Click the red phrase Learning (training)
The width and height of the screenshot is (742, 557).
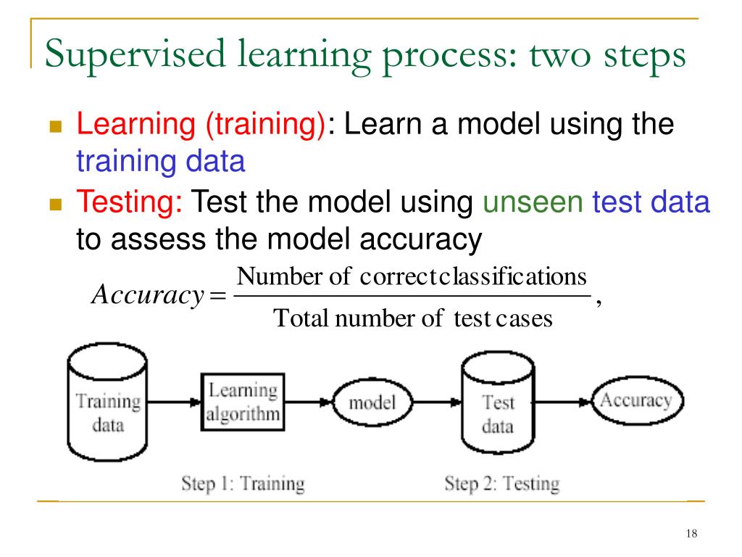pyautogui.click(x=201, y=124)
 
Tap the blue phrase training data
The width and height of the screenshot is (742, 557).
pyautogui.click(x=161, y=161)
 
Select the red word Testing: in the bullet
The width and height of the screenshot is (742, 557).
pyautogui.click(x=130, y=202)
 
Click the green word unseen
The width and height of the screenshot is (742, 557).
pyautogui.click(x=533, y=202)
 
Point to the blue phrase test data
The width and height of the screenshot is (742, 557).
pyautogui.click(x=651, y=202)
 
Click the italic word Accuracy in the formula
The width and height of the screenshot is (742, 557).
pyautogui.click(x=146, y=296)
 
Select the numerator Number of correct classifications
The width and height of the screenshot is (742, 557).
pyautogui.click(x=412, y=277)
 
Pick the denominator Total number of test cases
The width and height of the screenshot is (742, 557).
pyautogui.click(x=412, y=318)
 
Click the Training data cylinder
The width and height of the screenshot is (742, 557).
pyautogui.click(x=108, y=408)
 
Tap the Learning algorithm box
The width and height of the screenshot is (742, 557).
pyautogui.click(x=243, y=403)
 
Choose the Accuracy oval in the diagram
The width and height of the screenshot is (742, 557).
pyautogui.click(x=636, y=400)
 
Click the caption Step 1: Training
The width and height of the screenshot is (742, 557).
pyautogui.click(x=243, y=484)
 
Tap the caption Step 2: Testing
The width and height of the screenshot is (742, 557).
pyautogui.click(x=501, y=484)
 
